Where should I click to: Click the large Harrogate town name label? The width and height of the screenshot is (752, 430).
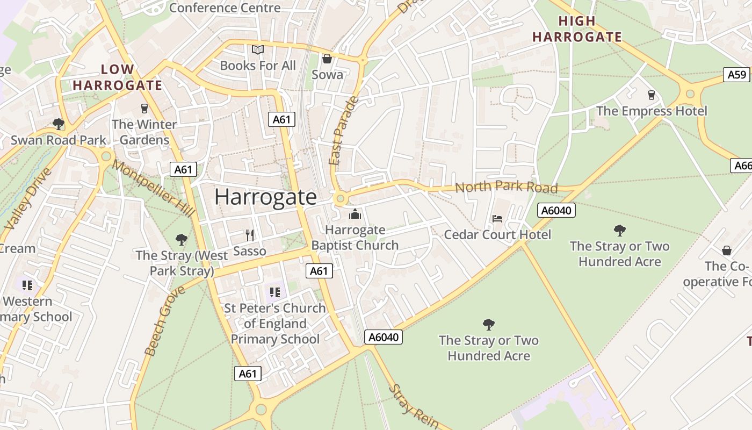[x=265, y=197]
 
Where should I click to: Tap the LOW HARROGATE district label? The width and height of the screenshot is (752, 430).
[x=117, y=77]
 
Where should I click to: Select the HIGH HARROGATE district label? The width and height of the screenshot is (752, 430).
[x=577, y=29]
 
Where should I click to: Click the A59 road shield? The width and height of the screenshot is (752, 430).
[x=737, y=75]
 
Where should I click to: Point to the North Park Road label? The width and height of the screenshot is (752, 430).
[x=506, y=187]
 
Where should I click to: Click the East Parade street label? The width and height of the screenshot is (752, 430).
[x=343, y=131]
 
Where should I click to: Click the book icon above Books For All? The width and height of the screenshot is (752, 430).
[x=258, y=50]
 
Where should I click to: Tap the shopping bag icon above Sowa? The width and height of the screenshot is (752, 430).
[x=327, y=59]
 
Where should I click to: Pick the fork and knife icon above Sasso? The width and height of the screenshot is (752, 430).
[x=249, y=235]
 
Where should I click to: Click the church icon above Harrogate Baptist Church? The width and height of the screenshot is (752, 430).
[x=355, y=214]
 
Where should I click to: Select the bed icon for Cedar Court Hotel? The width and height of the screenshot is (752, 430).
[x=497, y=219]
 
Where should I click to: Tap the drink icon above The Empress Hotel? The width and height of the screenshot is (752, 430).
[x=652, y=95]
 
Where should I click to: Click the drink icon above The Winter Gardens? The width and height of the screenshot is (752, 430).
[x=144, y=109]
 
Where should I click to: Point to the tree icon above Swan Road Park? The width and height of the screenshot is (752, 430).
[x=59, y=125]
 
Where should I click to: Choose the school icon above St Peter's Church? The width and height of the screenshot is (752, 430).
[x=275, y=292]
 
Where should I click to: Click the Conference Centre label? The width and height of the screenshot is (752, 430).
[x=225, y=8]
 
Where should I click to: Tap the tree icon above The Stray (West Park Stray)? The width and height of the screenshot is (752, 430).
[x=182, y=239]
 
